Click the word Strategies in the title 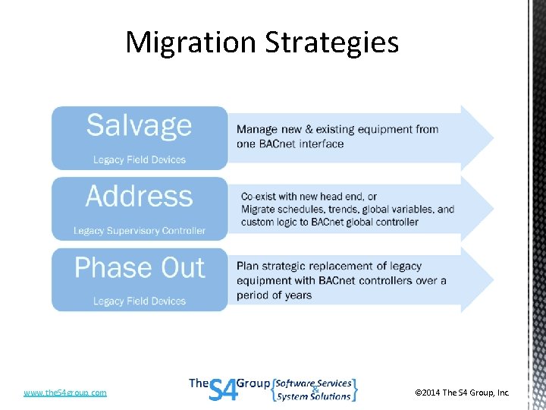pos(331,43)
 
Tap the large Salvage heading pos(139,125)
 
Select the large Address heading pos(139,196)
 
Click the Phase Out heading pos(140,267)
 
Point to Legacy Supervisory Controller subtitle pos(140,231)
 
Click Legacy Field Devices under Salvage pos(140,160)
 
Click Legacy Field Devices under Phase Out pos(140,301)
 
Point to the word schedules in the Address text pos(303,209)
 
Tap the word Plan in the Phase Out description pos(248,266)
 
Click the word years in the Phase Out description pos(296,295)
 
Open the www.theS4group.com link pos(65,393)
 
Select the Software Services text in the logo pos(313,383)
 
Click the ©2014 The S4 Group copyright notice pos(462,393)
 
